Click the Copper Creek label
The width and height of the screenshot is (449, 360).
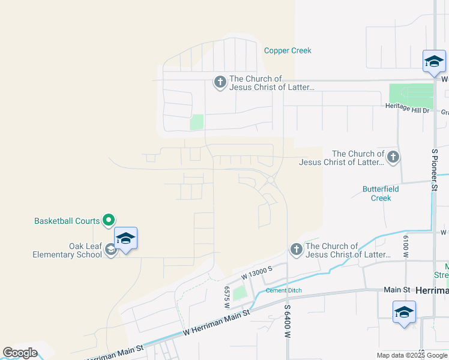[288, 51]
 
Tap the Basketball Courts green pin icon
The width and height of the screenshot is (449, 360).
[109, 221]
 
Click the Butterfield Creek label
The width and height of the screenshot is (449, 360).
[381, 193]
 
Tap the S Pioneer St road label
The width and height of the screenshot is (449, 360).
[434, 171]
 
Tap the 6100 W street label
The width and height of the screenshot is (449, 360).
[406, 245]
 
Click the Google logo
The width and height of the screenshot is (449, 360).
[20, 353]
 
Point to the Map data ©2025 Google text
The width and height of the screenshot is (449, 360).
[412, 355]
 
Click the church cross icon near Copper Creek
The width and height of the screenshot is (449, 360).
[220, 82]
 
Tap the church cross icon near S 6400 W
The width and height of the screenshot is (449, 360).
[296, 249]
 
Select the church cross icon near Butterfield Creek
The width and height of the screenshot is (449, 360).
[393, 157]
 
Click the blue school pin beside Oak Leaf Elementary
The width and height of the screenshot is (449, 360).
[125, 239]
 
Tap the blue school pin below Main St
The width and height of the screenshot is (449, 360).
[404, 313]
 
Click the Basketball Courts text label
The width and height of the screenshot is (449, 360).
[67, 221]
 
